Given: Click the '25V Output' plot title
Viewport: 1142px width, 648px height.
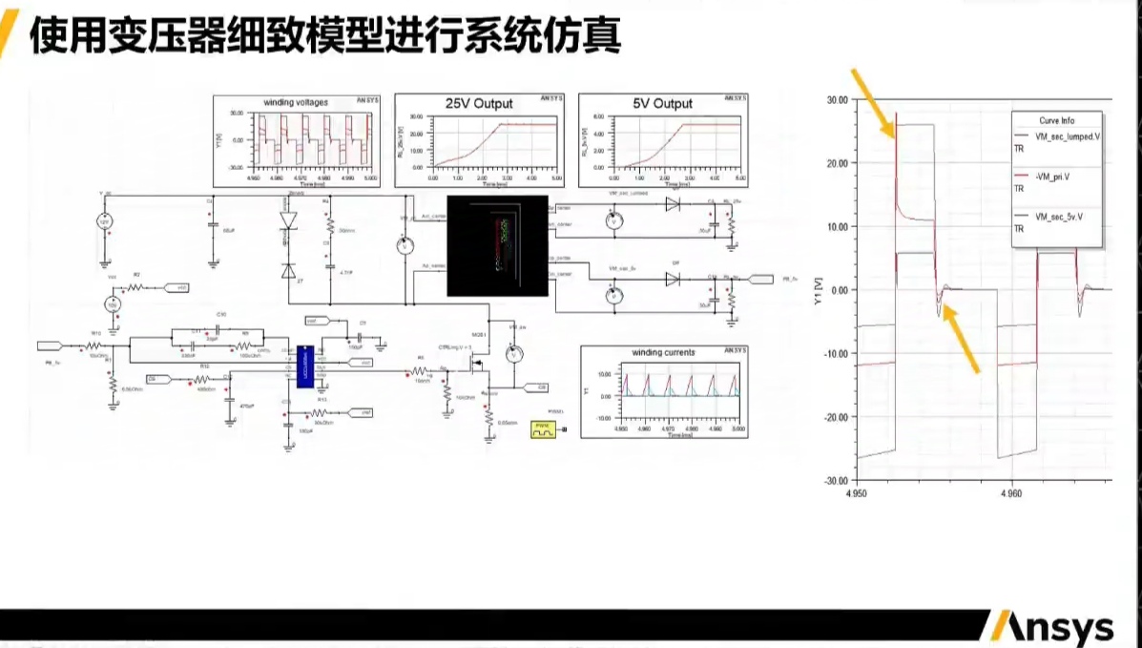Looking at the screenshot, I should pyautogui.click(x=479, y=103).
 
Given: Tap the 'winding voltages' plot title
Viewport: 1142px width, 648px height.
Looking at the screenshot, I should pyautogui.click(x=295, y=102).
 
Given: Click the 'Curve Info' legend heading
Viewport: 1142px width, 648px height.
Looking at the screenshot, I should pyautogui.click(x=1056, y=120).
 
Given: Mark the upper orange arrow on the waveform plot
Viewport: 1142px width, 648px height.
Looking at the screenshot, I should pyautogui.click(x=874, y=102).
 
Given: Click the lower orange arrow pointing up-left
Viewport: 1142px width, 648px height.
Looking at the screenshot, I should pyautogui.click(x=961, y=341).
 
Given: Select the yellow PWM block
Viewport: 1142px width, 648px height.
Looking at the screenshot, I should pyautogui.click(x=542, y=431).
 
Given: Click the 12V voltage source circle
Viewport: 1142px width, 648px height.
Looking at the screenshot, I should pyautogui.click(x=106, y=222).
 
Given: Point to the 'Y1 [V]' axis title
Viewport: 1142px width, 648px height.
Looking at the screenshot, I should pyautogui.click(x=817, y=289).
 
